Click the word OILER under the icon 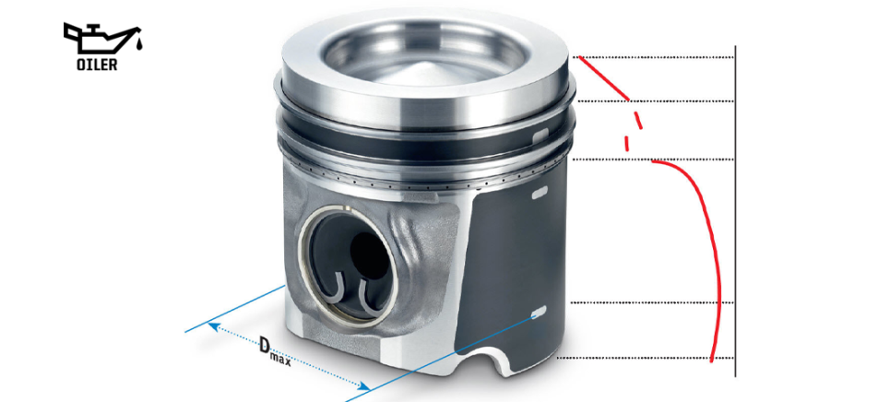click(97, 65)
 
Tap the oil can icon click(101, 41)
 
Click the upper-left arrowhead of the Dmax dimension click(213, 325)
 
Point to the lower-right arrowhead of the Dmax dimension click(364, 385)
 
